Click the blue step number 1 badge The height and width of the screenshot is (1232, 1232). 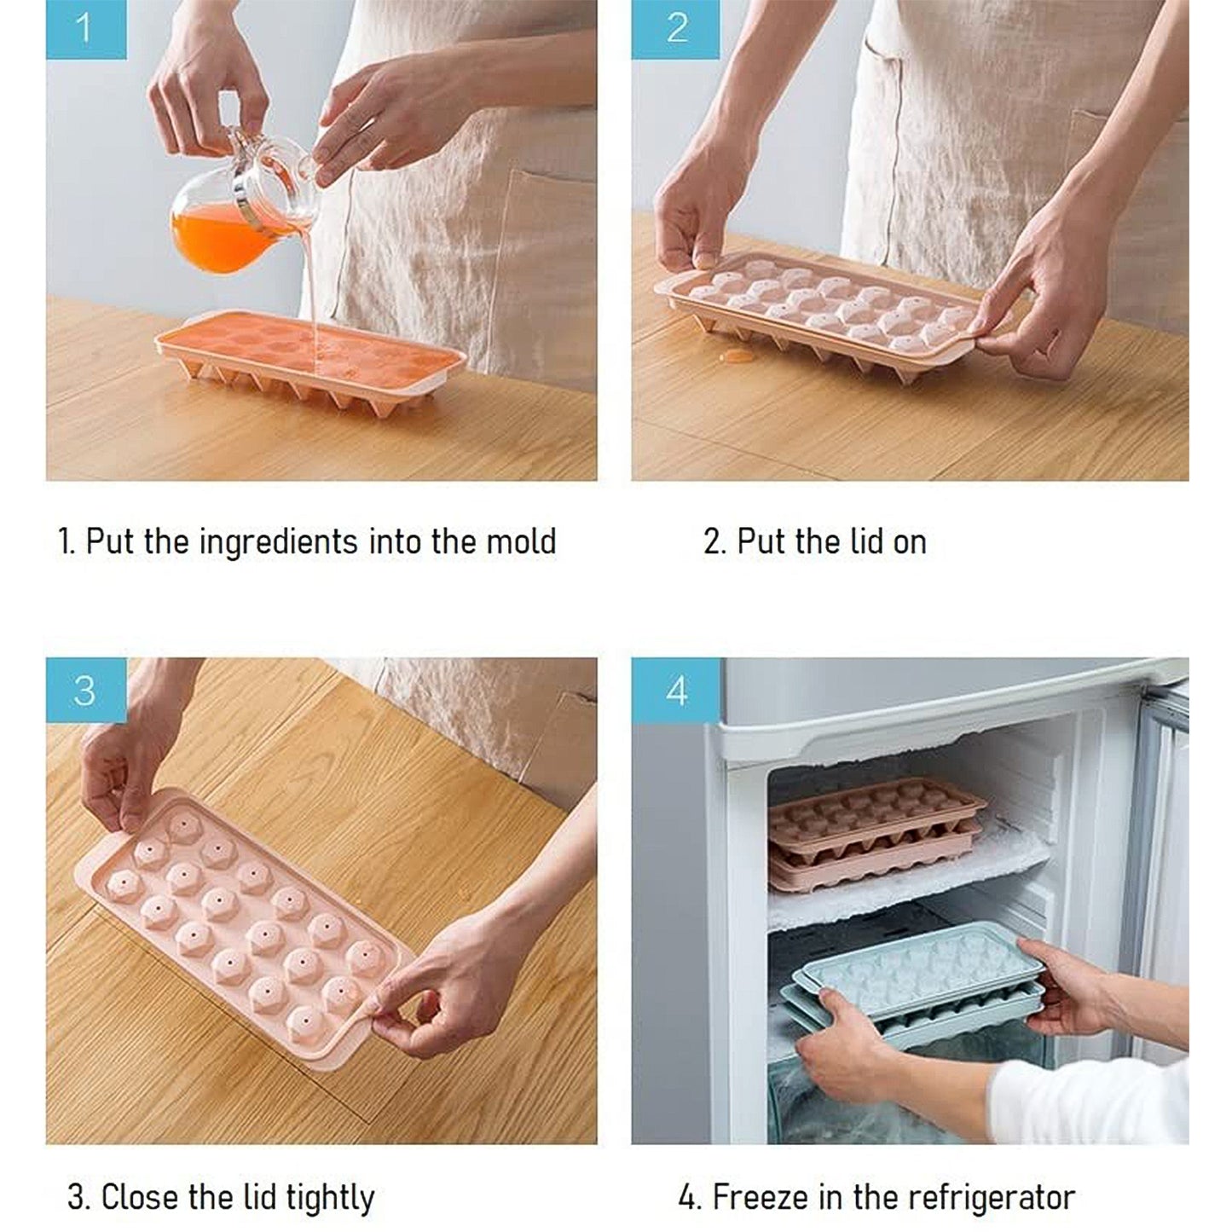coord(85,29)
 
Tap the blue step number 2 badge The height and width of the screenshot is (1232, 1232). coord(675,29)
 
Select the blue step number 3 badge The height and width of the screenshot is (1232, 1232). coord(85,690)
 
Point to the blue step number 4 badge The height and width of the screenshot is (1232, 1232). coord(675,690)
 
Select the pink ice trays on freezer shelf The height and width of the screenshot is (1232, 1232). coord(874,831)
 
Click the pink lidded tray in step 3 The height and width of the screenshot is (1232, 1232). coord(243,912)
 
